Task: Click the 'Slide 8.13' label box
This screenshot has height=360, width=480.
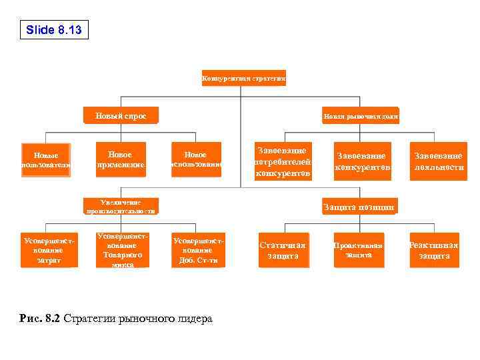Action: (54, 30)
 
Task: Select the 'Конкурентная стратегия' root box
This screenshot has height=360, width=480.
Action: (243, 79)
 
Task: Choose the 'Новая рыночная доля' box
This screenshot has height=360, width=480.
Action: (361, 115)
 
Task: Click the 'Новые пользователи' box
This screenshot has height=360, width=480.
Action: (46, 160)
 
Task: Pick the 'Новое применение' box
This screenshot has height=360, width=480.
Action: (121, 159)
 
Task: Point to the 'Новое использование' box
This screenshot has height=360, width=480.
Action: (195, 159)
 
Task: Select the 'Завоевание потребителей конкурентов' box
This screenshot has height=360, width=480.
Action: (283, 162)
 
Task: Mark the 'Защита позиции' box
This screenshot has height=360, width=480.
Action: (359, 207)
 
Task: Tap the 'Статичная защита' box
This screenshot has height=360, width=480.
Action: (283, 250)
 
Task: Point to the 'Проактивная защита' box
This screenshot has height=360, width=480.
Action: (359, 250)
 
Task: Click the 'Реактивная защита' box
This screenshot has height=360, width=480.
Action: (434, 250)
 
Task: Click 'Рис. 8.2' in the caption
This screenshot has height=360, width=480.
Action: (40, 319)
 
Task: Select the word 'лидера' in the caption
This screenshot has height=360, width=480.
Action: (194, 319)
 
